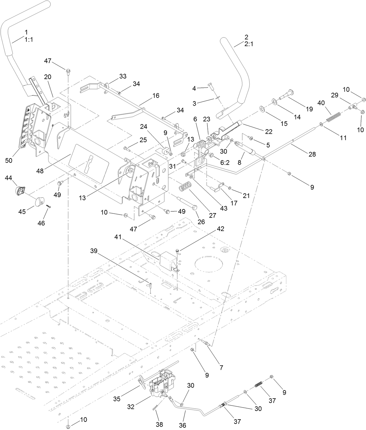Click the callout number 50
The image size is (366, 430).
9,160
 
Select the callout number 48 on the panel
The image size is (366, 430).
40,171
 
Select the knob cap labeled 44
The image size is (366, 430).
19,191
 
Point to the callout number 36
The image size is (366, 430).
182,425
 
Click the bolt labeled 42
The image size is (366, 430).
177,250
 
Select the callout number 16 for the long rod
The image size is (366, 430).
156,95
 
